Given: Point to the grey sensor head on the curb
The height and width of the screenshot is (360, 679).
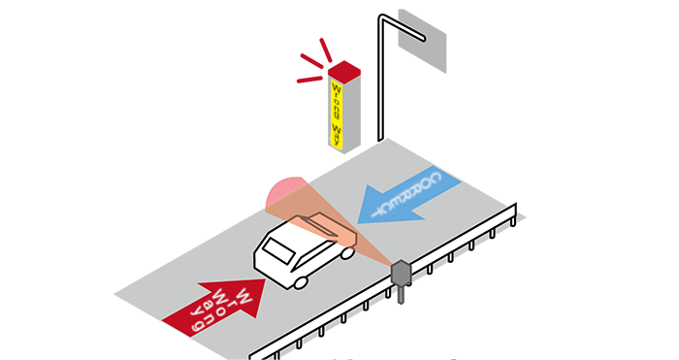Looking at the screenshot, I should tap(400, 273).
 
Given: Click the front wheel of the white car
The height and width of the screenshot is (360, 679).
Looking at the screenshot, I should tap(301, 281).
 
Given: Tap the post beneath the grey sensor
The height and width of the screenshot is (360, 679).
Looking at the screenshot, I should tap(399, 294).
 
